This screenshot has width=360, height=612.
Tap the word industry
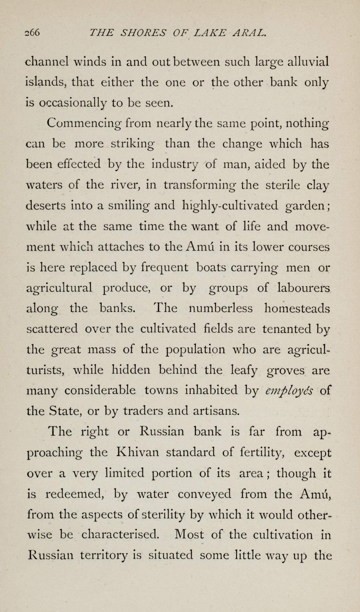(175, 165)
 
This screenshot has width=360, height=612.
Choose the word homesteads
(297, 309)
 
